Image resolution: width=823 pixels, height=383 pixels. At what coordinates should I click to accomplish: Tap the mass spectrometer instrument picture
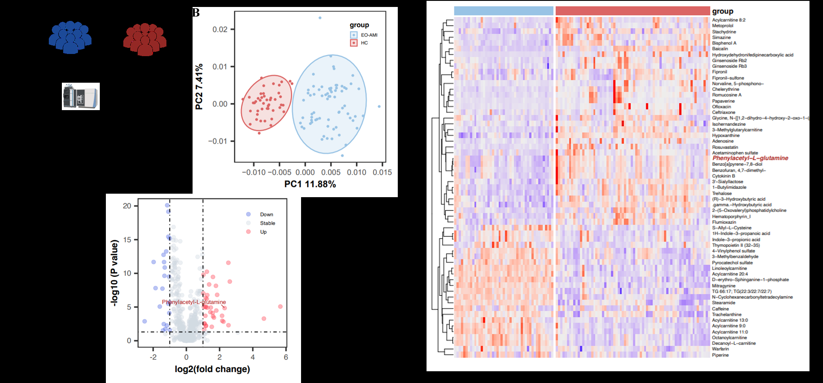(81, 96)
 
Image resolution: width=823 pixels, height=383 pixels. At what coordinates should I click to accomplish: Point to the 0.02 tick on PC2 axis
(220, 30)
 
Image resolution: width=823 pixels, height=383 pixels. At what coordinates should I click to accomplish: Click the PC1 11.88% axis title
(310, 184)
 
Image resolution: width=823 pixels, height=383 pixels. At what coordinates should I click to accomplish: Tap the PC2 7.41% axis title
(199, 87)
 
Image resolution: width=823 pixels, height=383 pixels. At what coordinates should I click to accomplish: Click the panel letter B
(196, 13)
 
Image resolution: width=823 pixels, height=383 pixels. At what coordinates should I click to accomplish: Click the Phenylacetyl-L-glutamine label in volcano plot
(194, 302)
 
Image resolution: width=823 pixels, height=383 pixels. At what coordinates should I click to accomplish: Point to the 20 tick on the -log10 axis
(127, 206)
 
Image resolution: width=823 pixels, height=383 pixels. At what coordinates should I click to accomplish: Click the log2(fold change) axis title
(212, 369)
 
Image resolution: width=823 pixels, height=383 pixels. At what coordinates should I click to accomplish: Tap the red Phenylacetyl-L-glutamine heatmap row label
(750, 158)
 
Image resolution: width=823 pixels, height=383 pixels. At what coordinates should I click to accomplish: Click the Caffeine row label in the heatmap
(720, 309)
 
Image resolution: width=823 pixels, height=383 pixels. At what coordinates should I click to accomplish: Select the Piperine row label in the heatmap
(720, 355)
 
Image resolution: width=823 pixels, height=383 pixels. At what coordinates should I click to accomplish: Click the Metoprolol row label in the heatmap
(722, 26)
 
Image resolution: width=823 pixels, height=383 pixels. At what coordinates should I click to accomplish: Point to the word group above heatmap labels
(722, 11)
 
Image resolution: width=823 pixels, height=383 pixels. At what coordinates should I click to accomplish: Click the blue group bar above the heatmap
(503, 11)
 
